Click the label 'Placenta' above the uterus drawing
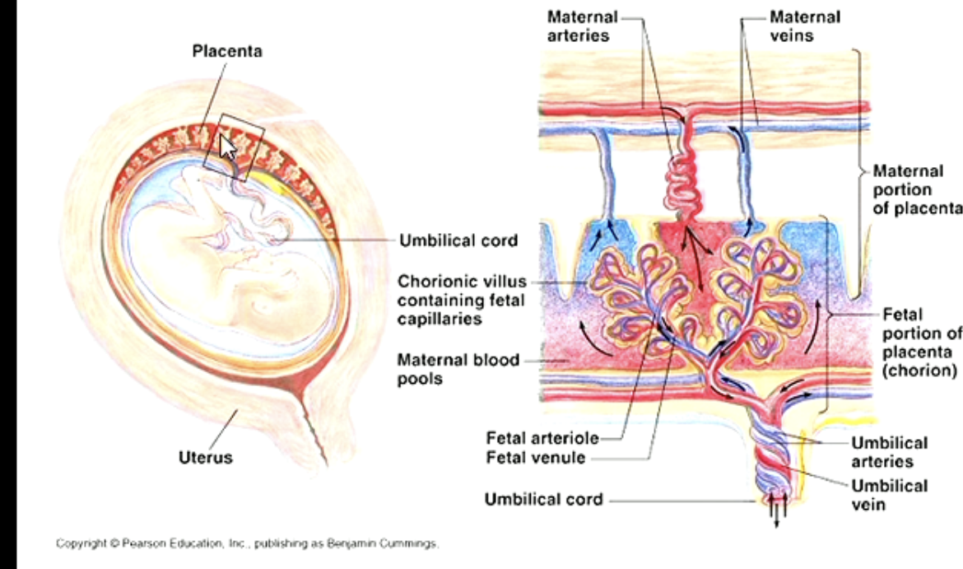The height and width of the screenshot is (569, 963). point(227,52)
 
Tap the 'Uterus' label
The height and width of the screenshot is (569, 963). point(205,457)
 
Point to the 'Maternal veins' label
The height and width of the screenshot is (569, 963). point(804,26)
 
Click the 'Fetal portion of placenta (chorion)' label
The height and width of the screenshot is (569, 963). point(920,342)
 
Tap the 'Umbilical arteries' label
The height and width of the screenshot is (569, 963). point(889,452)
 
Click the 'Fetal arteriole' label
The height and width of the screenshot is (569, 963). point(542,437)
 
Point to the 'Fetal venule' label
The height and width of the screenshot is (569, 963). point(536,458)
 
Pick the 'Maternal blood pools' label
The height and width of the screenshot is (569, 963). point(458,369)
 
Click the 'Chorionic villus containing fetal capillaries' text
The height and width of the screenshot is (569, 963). point(462,300)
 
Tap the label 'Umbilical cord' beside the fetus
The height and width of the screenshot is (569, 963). point(458,240)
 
